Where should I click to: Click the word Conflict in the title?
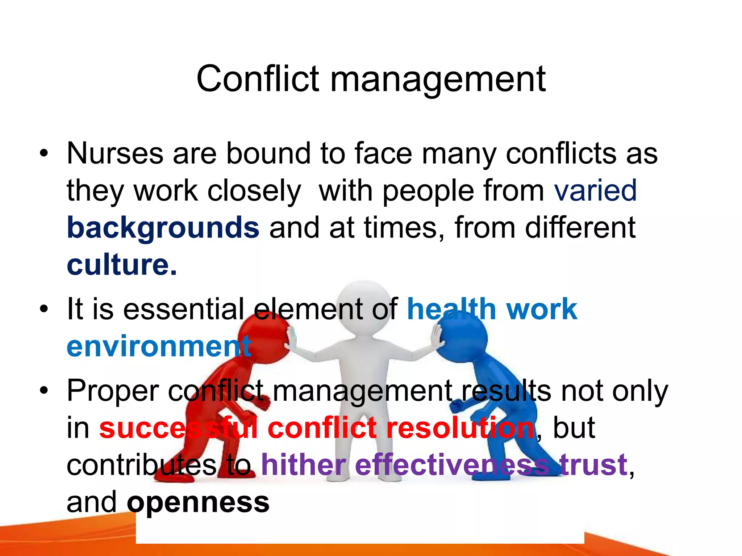[x=258, y=79]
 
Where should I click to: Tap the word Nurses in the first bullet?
[x=115, y=153]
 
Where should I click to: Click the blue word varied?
[x=595, y=190]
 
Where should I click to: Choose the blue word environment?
[x=159, y=346]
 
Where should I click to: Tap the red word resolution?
[x=460, y=428]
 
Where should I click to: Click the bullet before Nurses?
[x=44, y=154]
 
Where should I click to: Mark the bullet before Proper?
[x=44, y=391]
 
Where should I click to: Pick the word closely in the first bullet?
[x=254, y=191]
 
